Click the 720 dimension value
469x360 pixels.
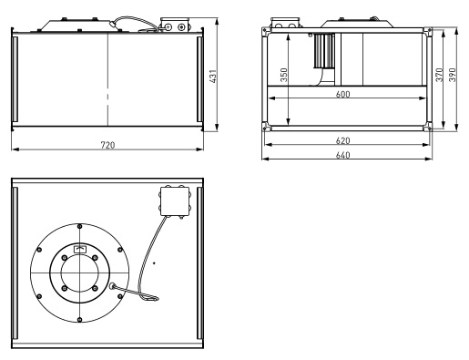pyautogui.click(x=107, y=145)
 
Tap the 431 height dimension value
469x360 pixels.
pyautogui.click(x=213, y=77)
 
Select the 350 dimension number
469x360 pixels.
pyautogui.click(x=283, y=75)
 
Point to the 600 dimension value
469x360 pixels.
pyautogui.click(x=342, y=94)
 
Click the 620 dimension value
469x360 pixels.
pyautogui.click(x=342, y=140)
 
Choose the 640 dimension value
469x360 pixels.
pyautogui.click(x=342, y=155)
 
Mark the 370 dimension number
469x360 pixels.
pyautogui.click(x=440, y=75)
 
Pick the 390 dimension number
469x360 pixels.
pyautogui.click(x=453, y=75)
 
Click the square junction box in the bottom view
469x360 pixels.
pyautogui.click(x=175, y=201)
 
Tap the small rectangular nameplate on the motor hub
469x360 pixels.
pyautogui.click(x=80, y=249)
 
